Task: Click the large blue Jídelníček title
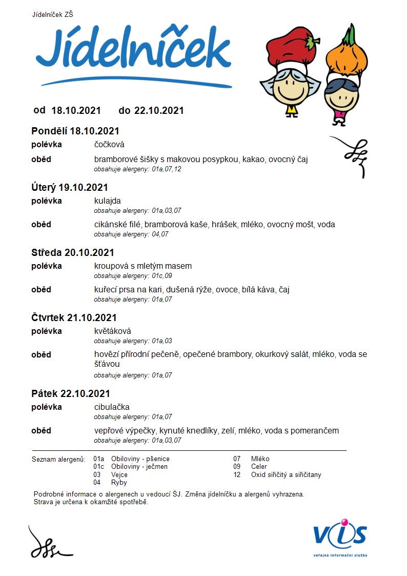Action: (x=133, y=51)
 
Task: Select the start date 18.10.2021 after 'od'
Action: (x=76, y=110)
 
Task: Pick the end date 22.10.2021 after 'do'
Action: (x=159, y=110)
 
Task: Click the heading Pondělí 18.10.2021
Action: (x=75, y=131)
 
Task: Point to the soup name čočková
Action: (x=109, y=145)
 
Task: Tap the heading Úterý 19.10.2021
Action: (x=69, y=187)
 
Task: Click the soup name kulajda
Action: (x=107, y=201)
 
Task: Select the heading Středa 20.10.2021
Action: (x=72, y=252)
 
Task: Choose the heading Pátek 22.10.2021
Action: (x=71, y=393)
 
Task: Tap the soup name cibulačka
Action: (x=112, y=407)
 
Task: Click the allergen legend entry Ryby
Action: (x=119, y=483)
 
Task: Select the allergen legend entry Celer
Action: (x=259, y=467)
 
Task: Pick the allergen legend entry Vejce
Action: (x=119, y=475)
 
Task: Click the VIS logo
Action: (x=340, y=536)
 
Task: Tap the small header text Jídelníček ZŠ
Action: (x=52, y=14)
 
